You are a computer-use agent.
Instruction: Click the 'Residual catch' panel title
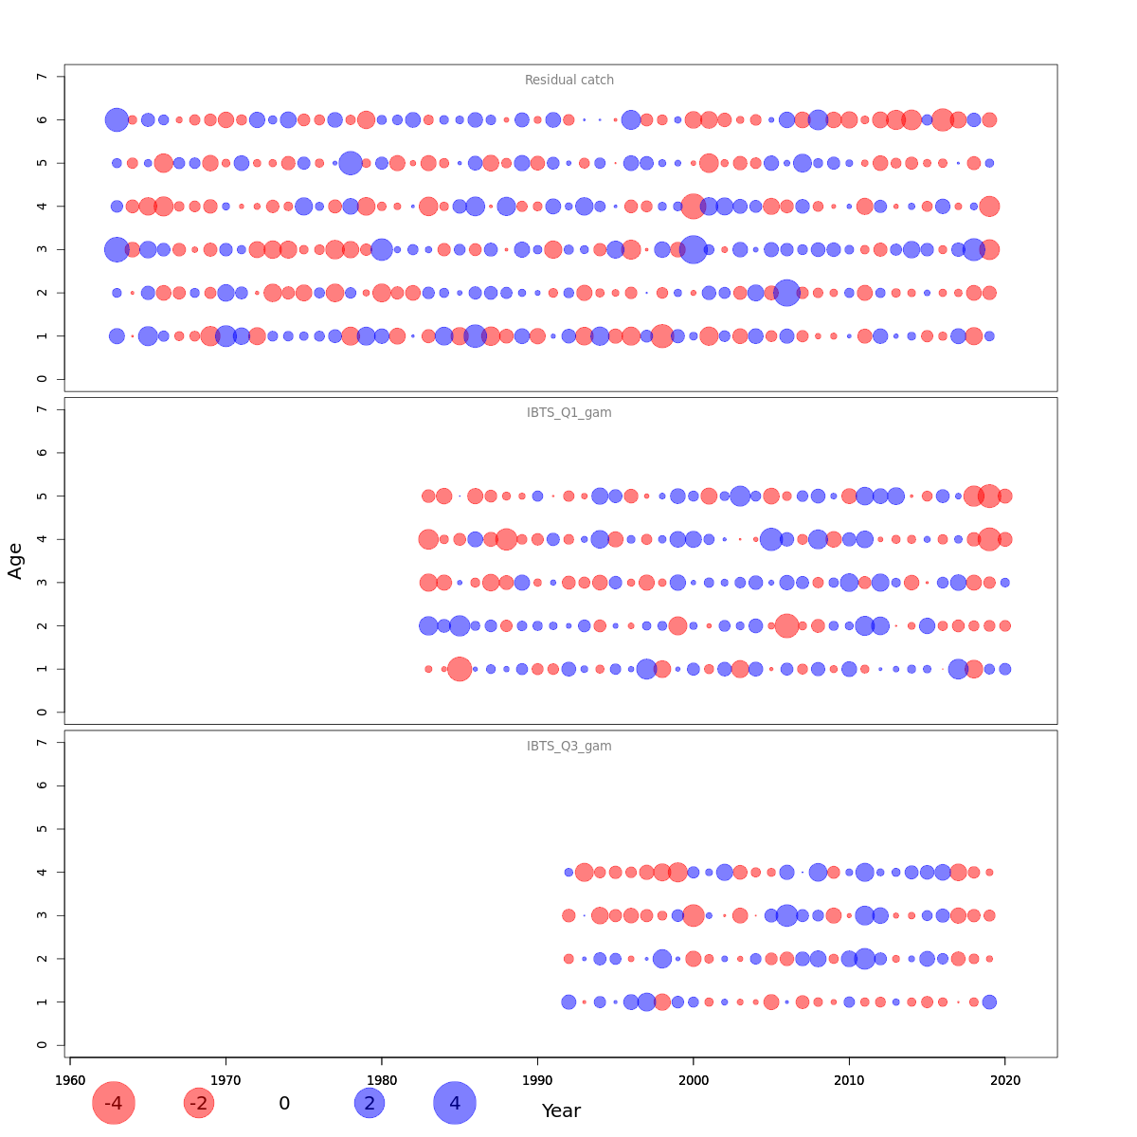pos(569,81)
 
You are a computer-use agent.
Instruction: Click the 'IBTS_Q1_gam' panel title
pos(569,413)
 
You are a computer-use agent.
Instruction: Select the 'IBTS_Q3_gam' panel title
pos(569,747)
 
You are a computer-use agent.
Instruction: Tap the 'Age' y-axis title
pos(15,561)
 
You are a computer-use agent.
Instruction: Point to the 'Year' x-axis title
pos(561,1110)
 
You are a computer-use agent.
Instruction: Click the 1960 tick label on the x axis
pos(70,1080)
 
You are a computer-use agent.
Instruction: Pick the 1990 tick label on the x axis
pos(537,1080)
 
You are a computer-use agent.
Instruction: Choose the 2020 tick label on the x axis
pos(1004,1080)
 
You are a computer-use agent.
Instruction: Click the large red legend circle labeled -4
pos(114,1103)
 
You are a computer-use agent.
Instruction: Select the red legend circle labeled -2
pos(199,1103)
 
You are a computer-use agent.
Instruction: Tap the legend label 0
pos(284,1103)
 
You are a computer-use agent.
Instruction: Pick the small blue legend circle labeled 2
pos(370,1103)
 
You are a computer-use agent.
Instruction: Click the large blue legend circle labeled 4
pos(455,1103)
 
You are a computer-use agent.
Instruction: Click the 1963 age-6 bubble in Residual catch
pos(117,119)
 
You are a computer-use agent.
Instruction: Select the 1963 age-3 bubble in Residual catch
pos(117,249)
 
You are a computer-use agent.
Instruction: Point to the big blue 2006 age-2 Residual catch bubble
pos(786,293)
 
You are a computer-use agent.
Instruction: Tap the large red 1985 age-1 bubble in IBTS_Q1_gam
pos(460,669)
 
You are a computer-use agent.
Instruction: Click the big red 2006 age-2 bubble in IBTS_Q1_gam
pos(786,625)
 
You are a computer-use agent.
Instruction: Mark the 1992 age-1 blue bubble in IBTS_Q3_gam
pos(568,1002)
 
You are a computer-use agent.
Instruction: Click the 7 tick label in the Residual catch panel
pos(42,76)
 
